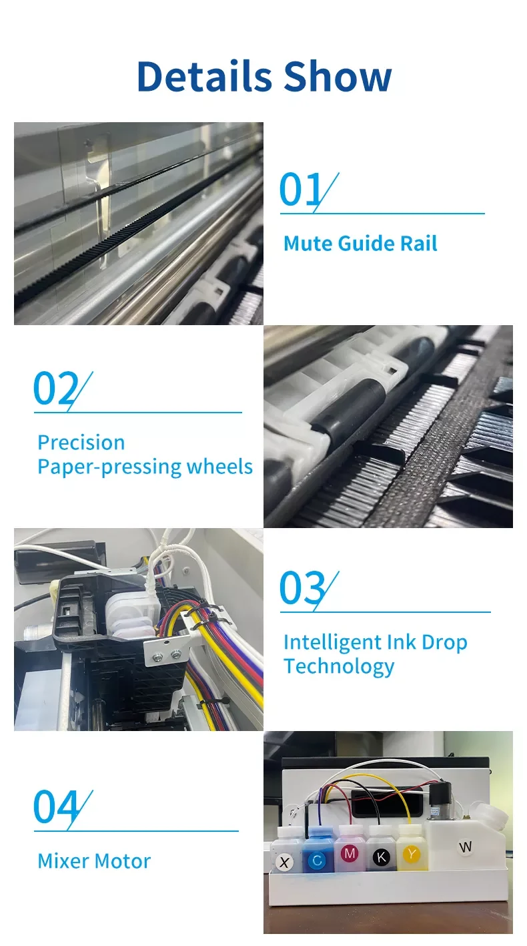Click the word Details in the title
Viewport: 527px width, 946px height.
pos(204,76)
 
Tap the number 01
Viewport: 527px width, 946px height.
pos(301,189)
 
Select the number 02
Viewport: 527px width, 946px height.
pos(55,388)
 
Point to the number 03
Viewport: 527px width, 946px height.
pos(302,587)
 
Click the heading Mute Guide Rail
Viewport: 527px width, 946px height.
pos(360,243)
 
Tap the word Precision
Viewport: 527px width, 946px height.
pos(81,443)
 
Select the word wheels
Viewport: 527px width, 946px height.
pos(219,467)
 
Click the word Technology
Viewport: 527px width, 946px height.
pos(339,666)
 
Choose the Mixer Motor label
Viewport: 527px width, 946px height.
pos(94,861)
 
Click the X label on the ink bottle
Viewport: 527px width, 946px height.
pos(284,862)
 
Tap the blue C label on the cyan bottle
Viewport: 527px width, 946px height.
pos(318,861)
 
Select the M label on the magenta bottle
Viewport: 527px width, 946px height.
pos(350,853)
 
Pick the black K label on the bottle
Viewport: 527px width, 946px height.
pos(382,857)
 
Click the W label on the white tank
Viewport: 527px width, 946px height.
pos(466,847)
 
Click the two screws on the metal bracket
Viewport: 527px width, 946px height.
pos(167,655)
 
